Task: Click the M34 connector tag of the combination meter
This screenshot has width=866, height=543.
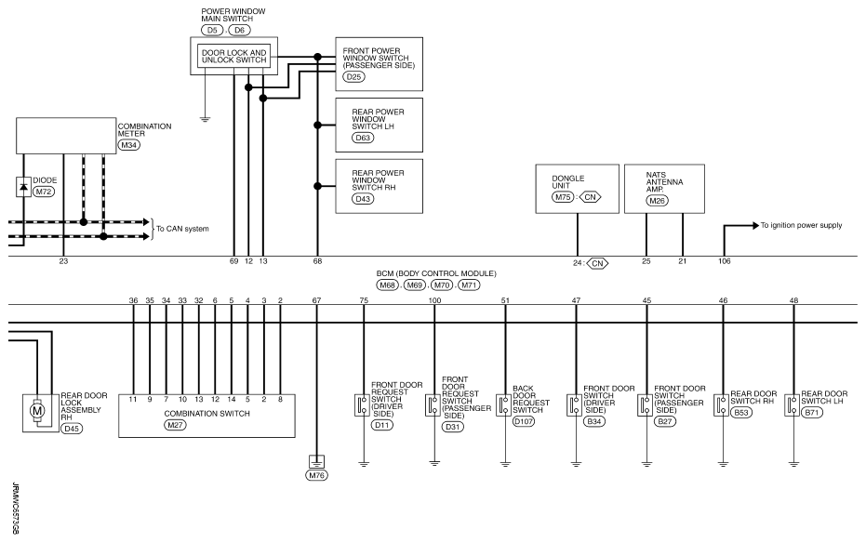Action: [x=128, y=145]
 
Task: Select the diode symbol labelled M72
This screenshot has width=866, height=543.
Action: [x=23, y=187]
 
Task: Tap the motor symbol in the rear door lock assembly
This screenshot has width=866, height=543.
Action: [x=37, y=411]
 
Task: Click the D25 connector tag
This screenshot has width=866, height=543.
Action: [x=353, y=76]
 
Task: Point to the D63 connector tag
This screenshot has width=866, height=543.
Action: [x=363, y=138]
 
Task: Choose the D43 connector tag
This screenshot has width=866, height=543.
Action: [x=363, y=199]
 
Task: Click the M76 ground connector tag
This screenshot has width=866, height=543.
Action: [x=316, y=475]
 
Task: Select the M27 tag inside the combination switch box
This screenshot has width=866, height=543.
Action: [x=175, y=425]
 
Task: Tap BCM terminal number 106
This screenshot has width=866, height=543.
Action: [x=724, y=261]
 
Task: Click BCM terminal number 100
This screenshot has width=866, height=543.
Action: [x=434, y=300]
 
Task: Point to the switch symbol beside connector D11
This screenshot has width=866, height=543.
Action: [x=363, y=405]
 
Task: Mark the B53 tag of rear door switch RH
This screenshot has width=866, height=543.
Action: [x=740, y=412]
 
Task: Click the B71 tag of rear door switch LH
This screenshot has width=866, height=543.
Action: [x=811, y=412]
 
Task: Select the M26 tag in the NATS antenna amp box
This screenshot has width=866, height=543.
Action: [x=657, y=200]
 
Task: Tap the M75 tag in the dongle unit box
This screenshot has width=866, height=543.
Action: [x=563, y=197]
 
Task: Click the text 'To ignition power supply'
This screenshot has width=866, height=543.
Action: [x=802, y=225]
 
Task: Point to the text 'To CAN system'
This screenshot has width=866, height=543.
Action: [x=183, y=229]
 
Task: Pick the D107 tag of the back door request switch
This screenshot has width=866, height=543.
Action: [x=524, y=421]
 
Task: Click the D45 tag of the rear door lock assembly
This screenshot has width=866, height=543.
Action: [x=72, y=429]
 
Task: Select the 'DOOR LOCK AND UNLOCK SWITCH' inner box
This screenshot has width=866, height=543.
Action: [x=234, y=56]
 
